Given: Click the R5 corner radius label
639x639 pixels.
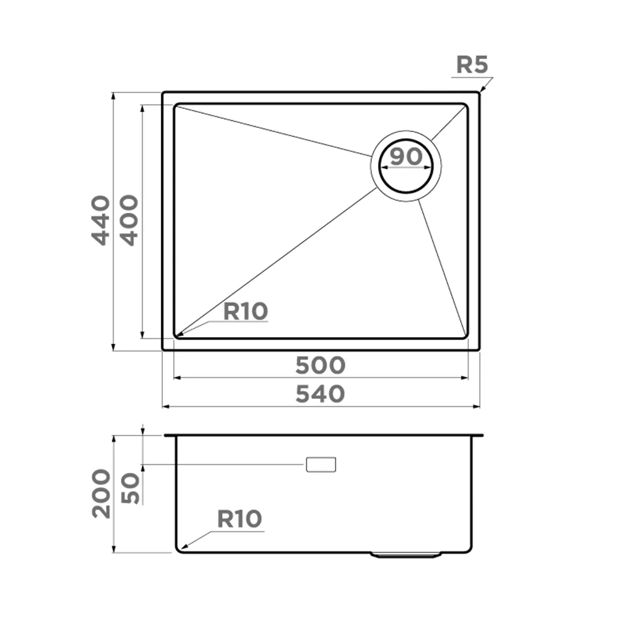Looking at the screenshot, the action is [x=472, y=64].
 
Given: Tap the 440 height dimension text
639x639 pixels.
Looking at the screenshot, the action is [x=100, y=220].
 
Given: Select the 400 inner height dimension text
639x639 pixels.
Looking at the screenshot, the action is [x=129, y=220].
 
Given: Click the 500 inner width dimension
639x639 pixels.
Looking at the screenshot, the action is [x=321, y=365].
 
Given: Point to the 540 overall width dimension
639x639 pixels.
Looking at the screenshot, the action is [x=321, y=394].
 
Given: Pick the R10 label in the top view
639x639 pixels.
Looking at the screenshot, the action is [x=245, y=312].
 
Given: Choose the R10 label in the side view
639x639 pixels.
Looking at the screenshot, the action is [x=240, y=519].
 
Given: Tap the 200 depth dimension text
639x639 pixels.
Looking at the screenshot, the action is [x=101, y=494].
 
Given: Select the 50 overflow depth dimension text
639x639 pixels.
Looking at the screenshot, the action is [x=129, y=488].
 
